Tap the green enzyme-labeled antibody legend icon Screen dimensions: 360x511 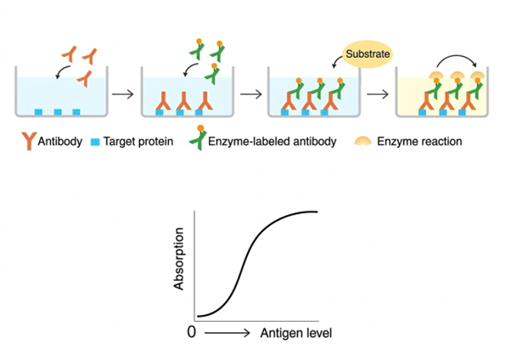(x=195, y=140)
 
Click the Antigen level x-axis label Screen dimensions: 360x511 (x=295, y=334)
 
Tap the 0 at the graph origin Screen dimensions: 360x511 (x=191, y=334)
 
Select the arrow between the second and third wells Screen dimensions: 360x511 (x=250, y=92)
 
